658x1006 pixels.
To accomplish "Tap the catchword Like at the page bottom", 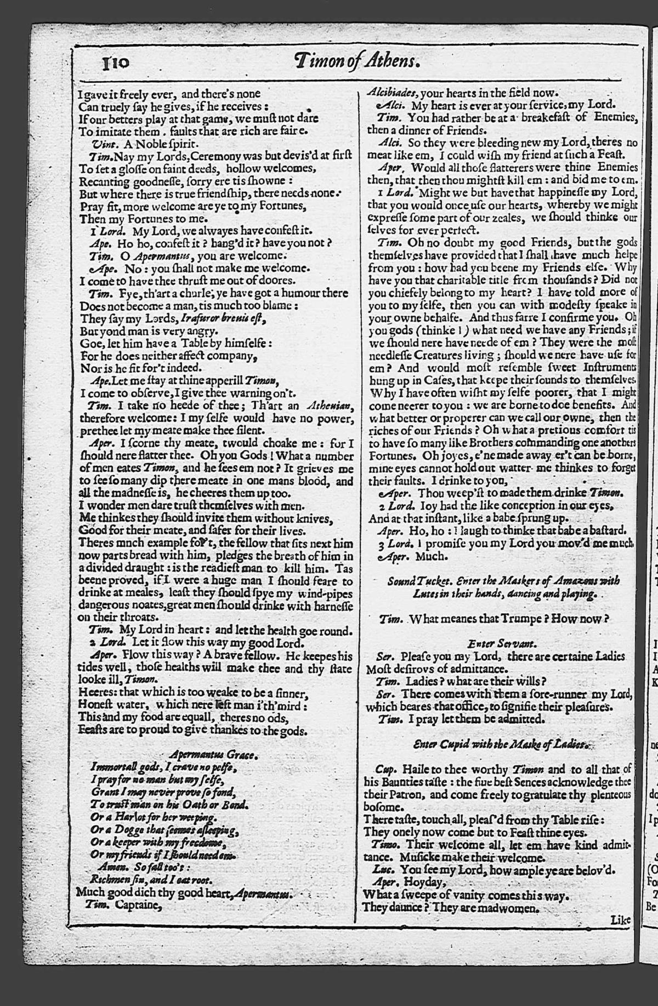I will click(x=620, y=920).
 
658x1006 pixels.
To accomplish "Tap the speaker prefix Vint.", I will click(x=103, y=144).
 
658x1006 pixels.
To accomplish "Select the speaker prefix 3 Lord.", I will click(x=392, y=544).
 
